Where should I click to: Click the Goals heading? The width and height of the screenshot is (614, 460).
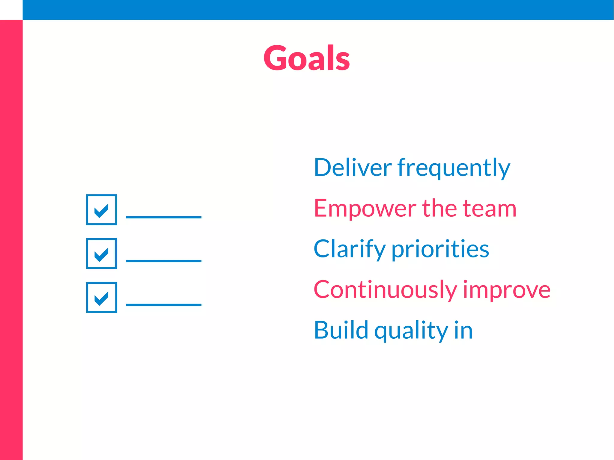[x=306, y=58]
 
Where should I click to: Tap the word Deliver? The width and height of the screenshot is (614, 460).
[x=353, y=167]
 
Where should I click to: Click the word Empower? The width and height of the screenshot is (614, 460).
[x=365, y=209]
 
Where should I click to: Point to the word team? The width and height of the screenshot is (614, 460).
[x=489, y=209]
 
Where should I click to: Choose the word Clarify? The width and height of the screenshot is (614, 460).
[x=349, y=249]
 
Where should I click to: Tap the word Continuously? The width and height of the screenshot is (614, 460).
[x=385, y=290]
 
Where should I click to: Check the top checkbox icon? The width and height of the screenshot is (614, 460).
[x=101, y=209]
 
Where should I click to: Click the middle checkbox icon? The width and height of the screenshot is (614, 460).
[x=101, y=254]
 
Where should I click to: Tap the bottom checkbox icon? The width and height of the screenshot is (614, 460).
[x=101, y=297]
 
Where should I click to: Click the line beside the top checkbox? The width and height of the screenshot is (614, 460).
[x=163, y=217]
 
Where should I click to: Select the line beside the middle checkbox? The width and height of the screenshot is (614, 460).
[x=163, y=261]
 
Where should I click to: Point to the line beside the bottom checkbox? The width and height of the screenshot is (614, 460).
[x=163, y=305]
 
